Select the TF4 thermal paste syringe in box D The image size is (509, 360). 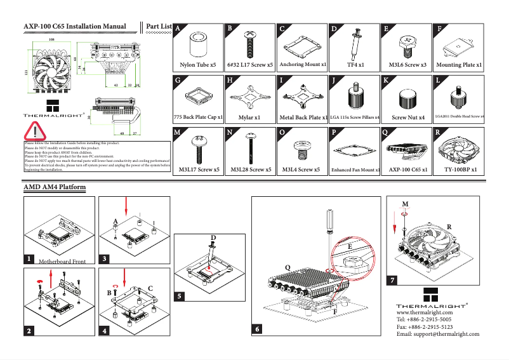tap(355, 44)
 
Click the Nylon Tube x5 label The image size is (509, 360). tap(198, 65)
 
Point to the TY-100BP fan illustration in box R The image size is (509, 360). tap(461, 150)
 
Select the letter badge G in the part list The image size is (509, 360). tap(178, 81)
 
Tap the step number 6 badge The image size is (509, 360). tap(258, 330)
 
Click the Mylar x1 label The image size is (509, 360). tap(249, 117)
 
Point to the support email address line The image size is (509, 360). tap(437, 334)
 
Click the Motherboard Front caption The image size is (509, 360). tap(62, 261)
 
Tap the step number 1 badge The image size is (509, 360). tap(29, 260)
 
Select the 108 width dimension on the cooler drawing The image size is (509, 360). tap(51, 39)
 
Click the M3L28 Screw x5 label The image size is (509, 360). tap(251, 170)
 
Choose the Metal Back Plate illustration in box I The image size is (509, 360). tap(302, 98)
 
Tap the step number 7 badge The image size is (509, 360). tap(393, 280)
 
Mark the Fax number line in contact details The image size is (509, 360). tap(424, 327)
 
